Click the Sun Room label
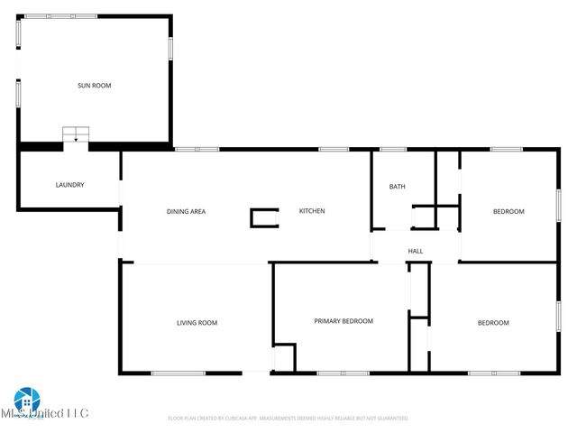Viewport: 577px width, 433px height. (x=94, y=86)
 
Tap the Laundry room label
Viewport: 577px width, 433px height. (x=69, y=185)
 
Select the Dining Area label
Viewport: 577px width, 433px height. (x=186, y=211)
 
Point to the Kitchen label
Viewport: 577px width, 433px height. (x=312, y=211)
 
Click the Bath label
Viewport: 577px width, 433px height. (x=397, y=187)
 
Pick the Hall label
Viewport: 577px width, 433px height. (x=416, y=252)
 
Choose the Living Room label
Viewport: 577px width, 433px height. (x=196, y=323)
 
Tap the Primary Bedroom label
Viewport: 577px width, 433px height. (x=343, y=321)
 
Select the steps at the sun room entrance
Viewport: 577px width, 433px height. (x=76, y=135)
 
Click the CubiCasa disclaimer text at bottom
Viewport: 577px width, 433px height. (x=288, y=419)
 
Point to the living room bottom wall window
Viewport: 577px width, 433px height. (x=178, y=373)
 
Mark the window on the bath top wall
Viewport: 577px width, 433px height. (x=393, y=149)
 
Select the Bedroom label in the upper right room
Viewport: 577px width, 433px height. (x=508, y=211)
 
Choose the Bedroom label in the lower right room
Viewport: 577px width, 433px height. (x=493, y=323)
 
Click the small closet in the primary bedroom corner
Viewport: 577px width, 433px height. (x=285, y=357)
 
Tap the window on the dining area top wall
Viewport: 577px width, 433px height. (x=197, y=149)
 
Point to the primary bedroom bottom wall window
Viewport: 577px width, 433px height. (x=343, y=373)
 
